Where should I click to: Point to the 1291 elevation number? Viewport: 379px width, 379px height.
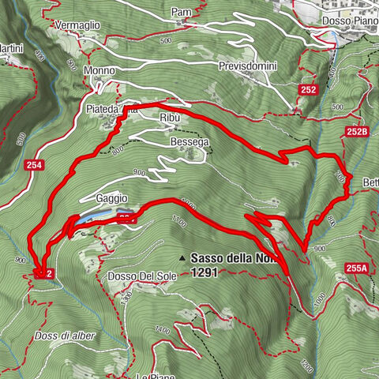click(205, 271)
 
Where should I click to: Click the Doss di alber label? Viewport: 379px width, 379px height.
click(66, 336)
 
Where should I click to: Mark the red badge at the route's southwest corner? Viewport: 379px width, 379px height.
click(44, 273)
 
